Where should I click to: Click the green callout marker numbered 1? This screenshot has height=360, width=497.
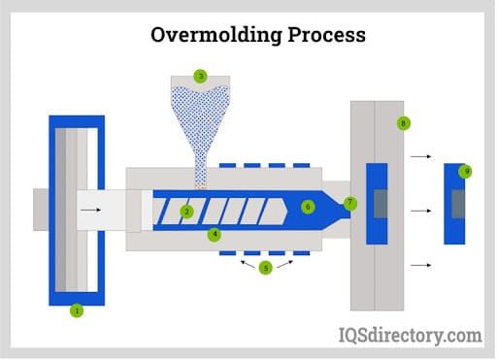tap(77, 311)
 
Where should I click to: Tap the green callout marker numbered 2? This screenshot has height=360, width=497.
tap(187, 211)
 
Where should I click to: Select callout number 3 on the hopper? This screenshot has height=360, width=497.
tap(200, 76)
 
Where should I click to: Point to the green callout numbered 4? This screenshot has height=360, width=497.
tap(215, 234)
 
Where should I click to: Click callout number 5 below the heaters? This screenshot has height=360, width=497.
tap(265, 269)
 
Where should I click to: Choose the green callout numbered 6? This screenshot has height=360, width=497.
tap(308, 207)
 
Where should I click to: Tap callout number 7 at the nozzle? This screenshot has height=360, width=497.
tap(350, 203)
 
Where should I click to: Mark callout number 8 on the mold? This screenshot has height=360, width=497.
tap(403, 123)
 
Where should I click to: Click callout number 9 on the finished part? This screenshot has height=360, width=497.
tap(466, 171)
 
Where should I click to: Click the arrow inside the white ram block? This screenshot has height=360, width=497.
tap(89, 209)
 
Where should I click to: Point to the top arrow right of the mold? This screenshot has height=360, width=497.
tap(421, 154)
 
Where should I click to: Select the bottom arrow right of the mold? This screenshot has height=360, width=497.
tap(421, 263)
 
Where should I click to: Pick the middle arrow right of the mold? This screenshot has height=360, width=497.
tap(421, 209)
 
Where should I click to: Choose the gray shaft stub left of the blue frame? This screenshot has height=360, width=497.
tap(41, 209)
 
